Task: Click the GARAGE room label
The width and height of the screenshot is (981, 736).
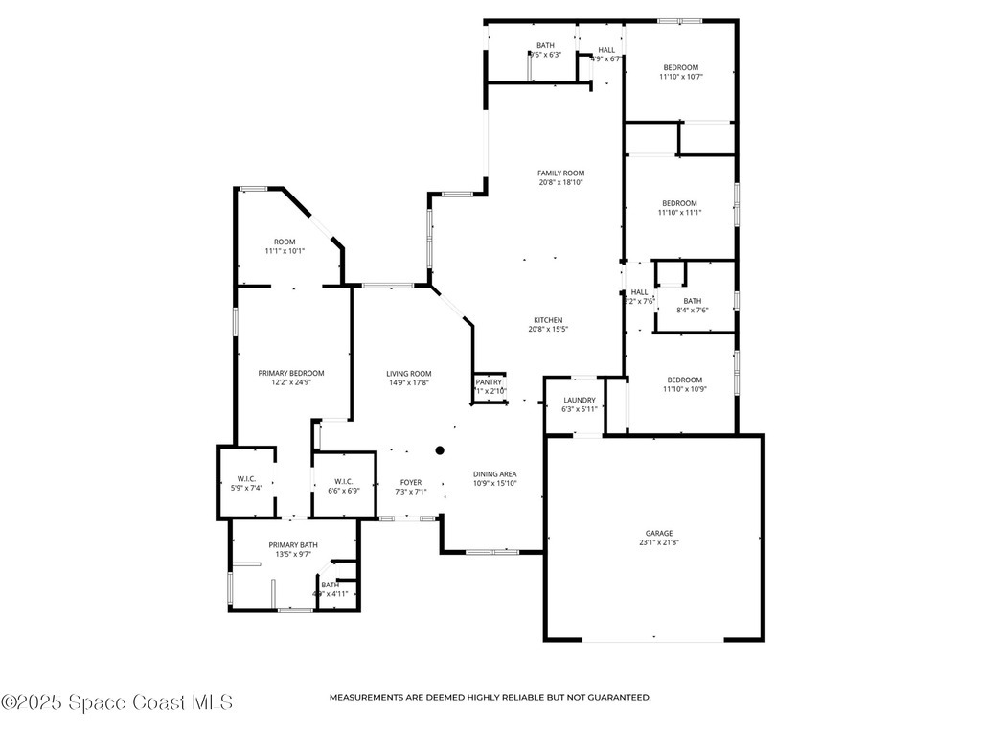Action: [658, 534]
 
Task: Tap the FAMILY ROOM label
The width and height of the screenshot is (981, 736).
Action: [560, 173]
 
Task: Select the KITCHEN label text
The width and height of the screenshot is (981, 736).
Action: [548, 320]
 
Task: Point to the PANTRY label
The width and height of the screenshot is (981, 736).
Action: [489, 382]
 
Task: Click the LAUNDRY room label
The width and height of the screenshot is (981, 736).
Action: [579, 401]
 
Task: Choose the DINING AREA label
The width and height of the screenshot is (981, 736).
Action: [494, 473]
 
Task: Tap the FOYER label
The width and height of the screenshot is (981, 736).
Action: [410, 482]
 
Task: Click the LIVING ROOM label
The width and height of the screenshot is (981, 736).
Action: [408, 374]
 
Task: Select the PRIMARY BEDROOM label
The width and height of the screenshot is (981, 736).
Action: [290, 373]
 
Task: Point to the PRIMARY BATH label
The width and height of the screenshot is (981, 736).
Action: [292, 544]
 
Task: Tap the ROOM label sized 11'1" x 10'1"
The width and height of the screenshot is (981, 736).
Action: [285, 241]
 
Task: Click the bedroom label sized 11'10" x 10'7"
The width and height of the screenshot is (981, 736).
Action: [680, 67]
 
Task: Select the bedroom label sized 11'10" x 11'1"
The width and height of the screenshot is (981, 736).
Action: [679, 203]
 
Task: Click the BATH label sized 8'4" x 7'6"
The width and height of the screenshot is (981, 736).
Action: [692, 301]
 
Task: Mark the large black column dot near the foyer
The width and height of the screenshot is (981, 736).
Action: [440, 449]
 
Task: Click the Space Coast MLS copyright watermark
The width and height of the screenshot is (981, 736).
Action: [117, 702]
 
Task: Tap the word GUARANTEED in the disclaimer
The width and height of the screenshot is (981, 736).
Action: [618, 698]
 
